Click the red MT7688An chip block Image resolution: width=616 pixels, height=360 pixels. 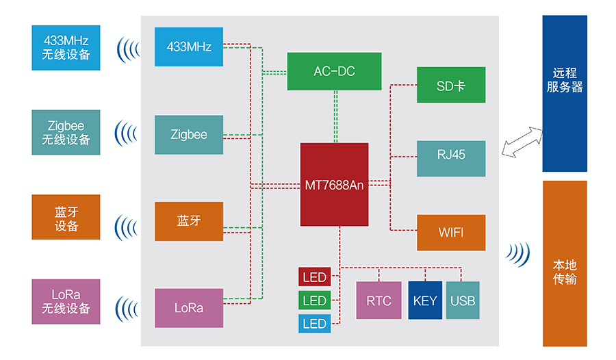pos(334,184)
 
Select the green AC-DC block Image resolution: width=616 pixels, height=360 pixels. pos(334,71)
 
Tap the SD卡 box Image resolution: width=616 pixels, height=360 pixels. pos(451,85)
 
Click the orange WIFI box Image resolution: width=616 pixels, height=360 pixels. pos(451,233)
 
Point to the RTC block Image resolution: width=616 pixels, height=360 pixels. pos(378,300)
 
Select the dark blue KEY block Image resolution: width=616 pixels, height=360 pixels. pos(425,300)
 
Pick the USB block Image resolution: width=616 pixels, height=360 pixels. pos(463,300)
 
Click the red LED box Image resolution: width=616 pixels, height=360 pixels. pos(314,277)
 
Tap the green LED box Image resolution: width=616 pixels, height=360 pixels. pos(314,300)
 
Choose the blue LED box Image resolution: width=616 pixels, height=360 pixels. pos(314,324)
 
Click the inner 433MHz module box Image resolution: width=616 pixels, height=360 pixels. pos(189,47)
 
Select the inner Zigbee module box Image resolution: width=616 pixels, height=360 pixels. pos(189,135)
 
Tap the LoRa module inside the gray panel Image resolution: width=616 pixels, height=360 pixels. pos(189,308)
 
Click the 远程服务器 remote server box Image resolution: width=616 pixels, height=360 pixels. pos(565,94)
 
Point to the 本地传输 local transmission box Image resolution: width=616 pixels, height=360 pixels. pos(565,263)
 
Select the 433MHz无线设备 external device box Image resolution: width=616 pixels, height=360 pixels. pos(66,47)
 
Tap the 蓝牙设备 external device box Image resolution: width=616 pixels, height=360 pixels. pos(66,217)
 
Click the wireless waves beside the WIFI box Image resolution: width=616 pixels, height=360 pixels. pos(518,253)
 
